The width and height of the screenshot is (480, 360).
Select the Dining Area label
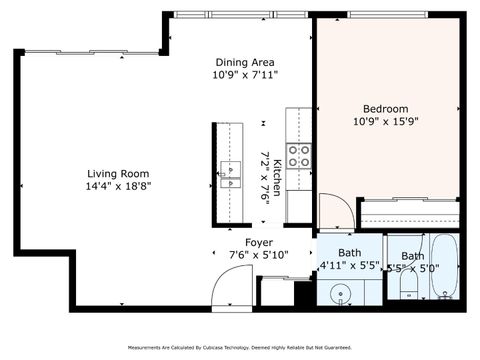coord(245,61)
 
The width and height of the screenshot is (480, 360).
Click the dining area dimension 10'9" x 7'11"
coord(245,74)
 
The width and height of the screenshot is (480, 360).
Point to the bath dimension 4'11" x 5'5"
coord(349,266)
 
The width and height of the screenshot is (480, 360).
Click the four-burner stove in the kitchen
coord(298,155)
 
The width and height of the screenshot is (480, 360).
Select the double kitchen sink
coord(230,175)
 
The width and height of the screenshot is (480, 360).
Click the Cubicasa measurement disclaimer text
coord(240,347)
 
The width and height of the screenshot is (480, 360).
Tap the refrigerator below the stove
coord(300,205)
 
